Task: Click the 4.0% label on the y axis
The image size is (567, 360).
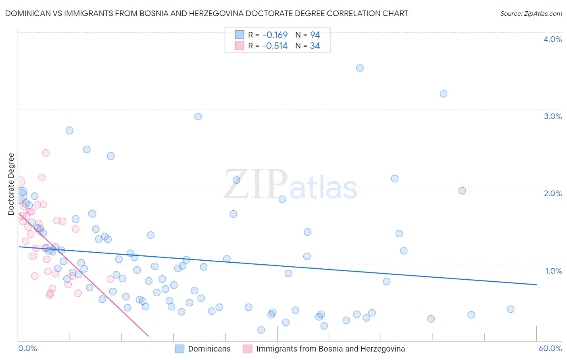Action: point(552,39)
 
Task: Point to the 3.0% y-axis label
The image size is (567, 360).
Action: point(552,116)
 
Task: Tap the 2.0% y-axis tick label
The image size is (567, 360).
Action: point(552,193)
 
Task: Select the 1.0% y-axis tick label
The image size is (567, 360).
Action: point(553,271)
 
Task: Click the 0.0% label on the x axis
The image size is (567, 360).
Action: point(27,348)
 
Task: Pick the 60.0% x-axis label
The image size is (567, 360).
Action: point(550,348)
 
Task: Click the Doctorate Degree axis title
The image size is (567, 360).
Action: point(11,184)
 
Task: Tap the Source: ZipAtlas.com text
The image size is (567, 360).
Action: point(531,13)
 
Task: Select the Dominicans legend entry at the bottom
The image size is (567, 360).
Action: point(209,349)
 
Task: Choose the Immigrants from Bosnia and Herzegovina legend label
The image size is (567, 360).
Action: point(330,349)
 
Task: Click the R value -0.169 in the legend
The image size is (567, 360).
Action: point(275,35)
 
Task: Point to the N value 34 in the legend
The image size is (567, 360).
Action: point(315,46)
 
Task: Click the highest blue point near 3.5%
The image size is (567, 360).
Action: point(360,68)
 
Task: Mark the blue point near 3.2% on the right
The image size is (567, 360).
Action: point(443,94)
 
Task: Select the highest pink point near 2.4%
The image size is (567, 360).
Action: point(46,153)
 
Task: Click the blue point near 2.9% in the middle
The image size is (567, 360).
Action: point(198,117)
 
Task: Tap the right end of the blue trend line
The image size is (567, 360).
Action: point(536,285)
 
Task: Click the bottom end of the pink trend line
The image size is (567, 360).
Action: point(149,337)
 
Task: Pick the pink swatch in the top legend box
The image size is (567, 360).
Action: point(240,46)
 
